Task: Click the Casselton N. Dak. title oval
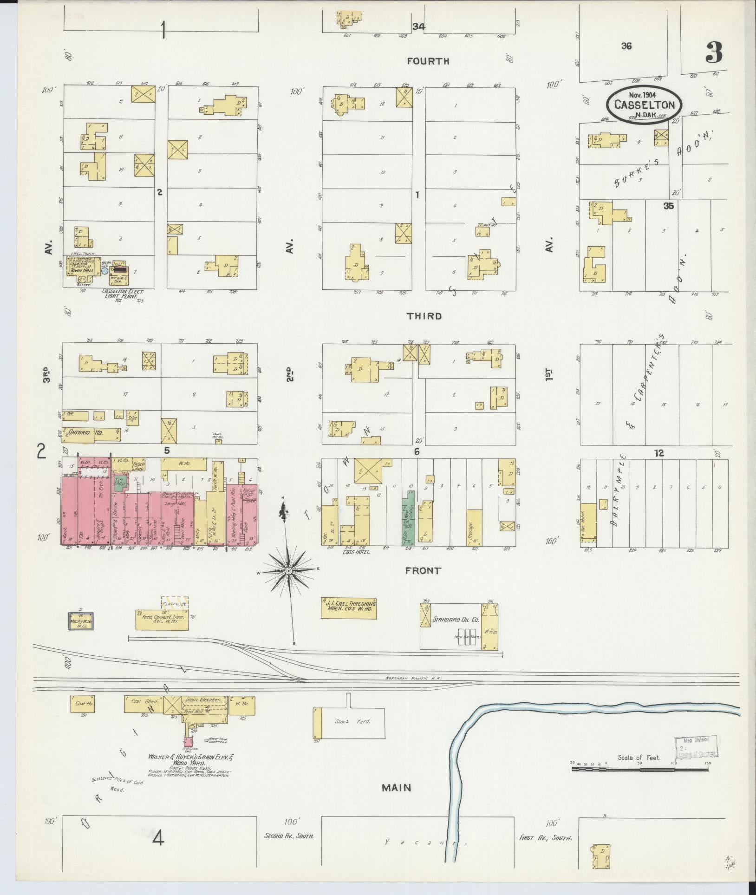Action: (x=644, y=104)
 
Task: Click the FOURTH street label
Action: (x=428, y=61)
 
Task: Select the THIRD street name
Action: (x=424, y=316)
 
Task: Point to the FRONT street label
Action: (x=423, y=571)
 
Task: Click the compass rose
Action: (x=288, y=570)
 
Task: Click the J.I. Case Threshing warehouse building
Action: (x=348, y=608)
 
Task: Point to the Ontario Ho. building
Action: (x=85, y=432)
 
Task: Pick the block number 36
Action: (x=626, y=46)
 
